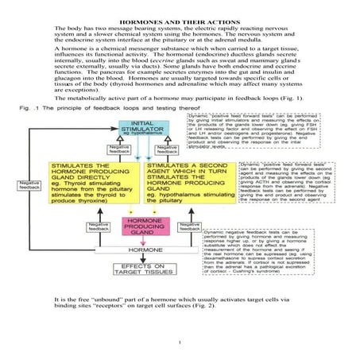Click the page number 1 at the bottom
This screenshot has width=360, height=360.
[180, 342]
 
